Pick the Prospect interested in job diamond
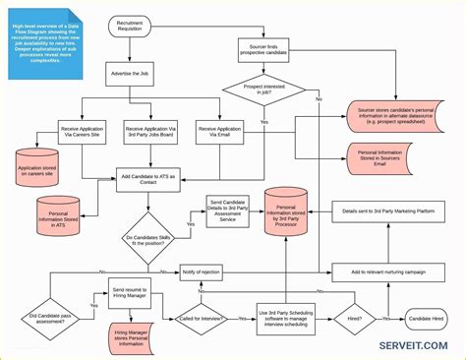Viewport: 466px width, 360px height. point(263,90)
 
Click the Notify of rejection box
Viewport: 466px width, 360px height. point(201,271)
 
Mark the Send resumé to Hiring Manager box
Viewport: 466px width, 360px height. point(130,292)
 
